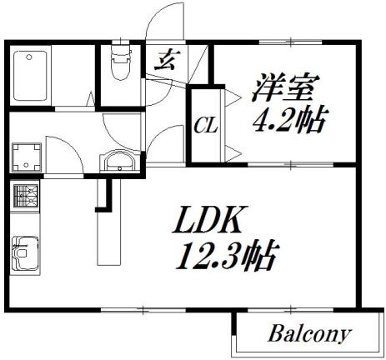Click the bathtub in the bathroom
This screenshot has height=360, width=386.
pos(30,76)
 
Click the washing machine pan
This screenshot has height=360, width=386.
pos(27,157)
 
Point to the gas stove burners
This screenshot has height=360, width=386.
pos(26,196)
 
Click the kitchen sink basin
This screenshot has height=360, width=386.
pos(25,253)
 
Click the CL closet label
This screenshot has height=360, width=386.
pos(206,127)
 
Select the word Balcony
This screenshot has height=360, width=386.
pos(309,334)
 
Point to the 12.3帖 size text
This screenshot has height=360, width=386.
pos(228,256)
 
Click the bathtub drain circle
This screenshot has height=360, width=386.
pos(28,57)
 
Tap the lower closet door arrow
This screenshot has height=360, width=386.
pos(233,153)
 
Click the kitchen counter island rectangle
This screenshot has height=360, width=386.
pos(109,222)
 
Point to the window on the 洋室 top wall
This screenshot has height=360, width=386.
pos(290,42)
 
